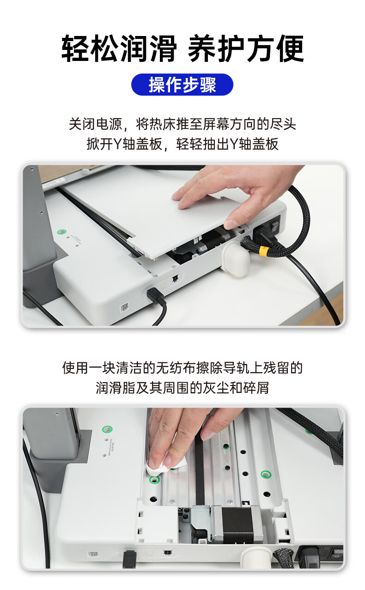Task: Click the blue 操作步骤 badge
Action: (x=182, y=84)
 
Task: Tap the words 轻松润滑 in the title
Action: (x=119, y=49)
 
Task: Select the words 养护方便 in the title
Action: (x=246, y=49)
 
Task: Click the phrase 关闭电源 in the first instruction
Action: (x=95, y=124)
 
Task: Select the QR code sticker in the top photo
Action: (x=124, y=307)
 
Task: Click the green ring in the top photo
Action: (x=61, y=232)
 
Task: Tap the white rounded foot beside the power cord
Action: (x=235, y=260)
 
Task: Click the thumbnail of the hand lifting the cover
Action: (x=182, y=246)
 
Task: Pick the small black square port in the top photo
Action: (x=175, y=278)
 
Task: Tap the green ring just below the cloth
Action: (x=154, y=480)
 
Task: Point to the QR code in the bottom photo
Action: (x=93, y=554)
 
